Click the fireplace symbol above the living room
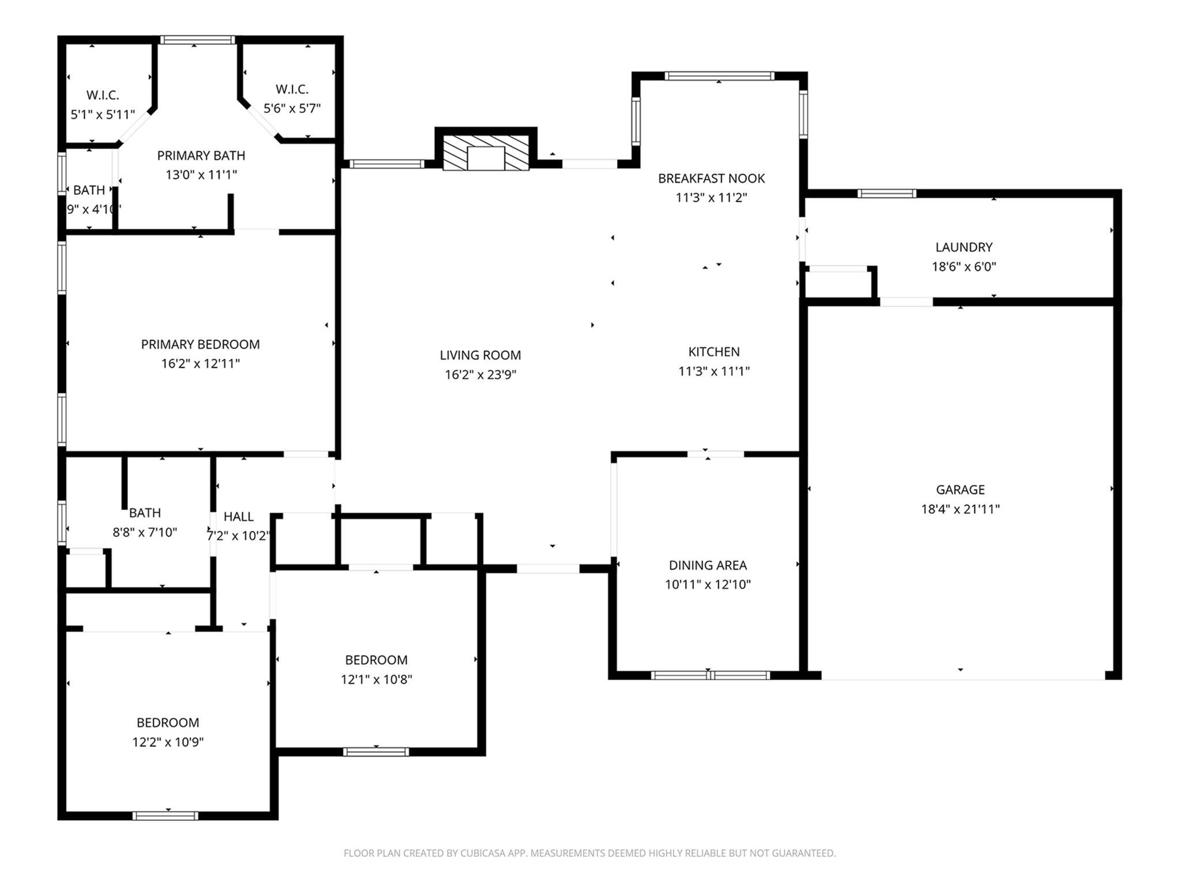(486, 153)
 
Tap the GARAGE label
(960, 490)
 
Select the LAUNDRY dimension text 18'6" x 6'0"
(964, 267)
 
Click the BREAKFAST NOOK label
(712, 179)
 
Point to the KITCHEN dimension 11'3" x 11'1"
(714, 371)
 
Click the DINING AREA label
(708, 565)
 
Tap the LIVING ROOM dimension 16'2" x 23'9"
(480, 375)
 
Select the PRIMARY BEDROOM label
(201, 345)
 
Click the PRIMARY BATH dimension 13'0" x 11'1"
(201, 175)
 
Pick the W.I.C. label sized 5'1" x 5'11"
(103, 95)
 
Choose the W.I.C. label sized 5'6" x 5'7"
(292, 89)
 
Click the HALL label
(239, 517)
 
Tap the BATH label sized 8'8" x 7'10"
(145, 513)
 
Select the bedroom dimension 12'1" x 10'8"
(376, 679)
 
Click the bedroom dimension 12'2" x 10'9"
(168, 742)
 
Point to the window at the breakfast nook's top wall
(719, 76)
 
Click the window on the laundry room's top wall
(886, 194)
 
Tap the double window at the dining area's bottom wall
(710, 675)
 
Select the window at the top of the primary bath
(198, 40)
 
